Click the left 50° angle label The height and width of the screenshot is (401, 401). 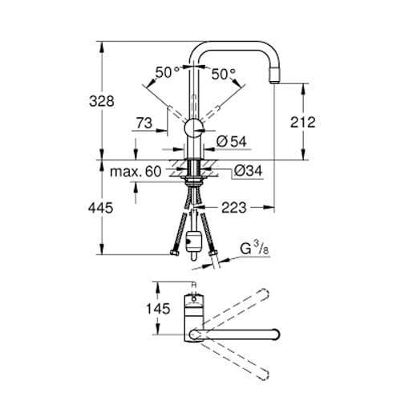[x=168, y=73]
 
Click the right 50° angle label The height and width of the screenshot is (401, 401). [x=224, y=73]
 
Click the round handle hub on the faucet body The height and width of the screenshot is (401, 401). [x=194, y=128]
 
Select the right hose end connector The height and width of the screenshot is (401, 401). [x=213, y=256]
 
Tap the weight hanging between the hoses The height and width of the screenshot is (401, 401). [x=193, y=241]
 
